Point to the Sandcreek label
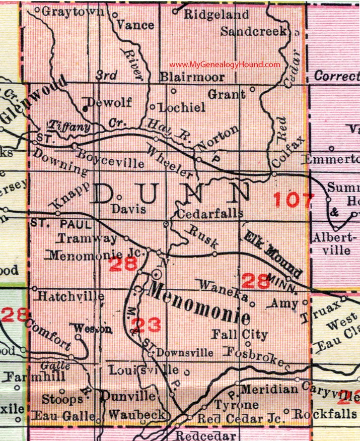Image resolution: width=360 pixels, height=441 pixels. coord(255,31)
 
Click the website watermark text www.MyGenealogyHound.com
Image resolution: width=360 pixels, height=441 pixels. coord(225,65)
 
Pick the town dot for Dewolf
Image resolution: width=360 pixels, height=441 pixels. coord(85,108)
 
